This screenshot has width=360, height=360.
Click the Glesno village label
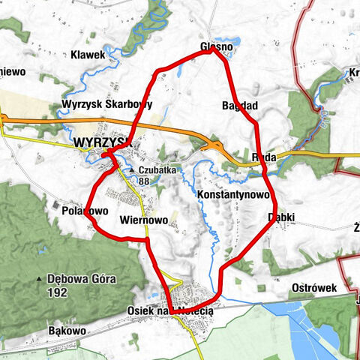point(217,46)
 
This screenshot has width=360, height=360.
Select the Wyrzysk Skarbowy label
point(108,104)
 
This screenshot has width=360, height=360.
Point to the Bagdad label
point(240,105)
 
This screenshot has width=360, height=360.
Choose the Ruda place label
point(265,157)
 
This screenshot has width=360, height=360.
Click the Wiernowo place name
point(142,220)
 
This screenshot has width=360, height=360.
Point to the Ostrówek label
point(316,288)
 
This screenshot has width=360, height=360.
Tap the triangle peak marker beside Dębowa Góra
point(39,279)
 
